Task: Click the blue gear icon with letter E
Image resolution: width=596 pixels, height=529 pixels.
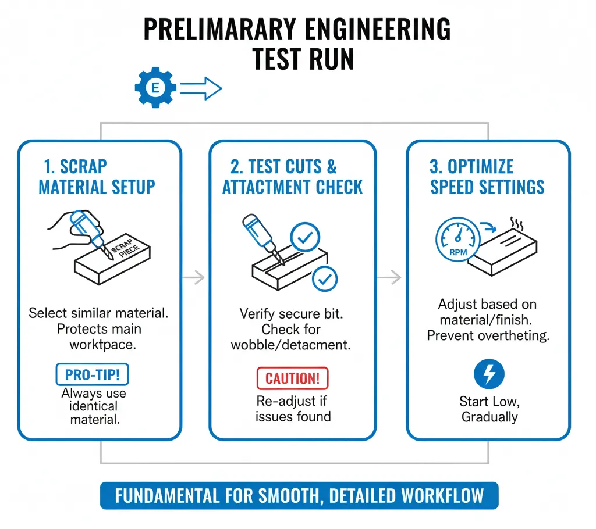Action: point(155,88)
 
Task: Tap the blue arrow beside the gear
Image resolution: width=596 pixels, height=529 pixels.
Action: point(201,89)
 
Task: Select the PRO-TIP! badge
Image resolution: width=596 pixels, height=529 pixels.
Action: point(92,374)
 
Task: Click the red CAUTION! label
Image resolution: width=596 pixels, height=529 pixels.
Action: point(292,378)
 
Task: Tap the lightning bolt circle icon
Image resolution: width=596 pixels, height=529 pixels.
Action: point(489,375)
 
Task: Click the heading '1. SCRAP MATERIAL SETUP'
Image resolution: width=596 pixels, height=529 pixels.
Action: point(97,177)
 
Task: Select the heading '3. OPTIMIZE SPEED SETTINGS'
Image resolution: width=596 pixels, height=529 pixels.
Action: point(487,177)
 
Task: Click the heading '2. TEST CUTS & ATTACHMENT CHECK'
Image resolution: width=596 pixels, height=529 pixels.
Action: point(292,177)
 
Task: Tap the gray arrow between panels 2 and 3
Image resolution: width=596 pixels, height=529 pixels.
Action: point(389,278)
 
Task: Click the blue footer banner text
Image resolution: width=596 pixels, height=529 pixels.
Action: point(299,496)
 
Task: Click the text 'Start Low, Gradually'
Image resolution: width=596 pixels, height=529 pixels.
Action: point(489,409)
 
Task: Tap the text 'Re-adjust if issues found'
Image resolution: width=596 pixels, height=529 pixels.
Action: point(293,409)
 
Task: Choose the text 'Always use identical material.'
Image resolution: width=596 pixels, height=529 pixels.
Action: point(93,406)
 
